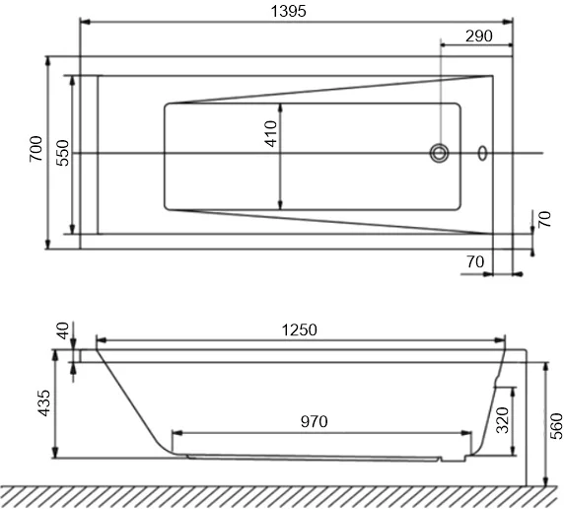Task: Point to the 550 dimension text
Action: click(x=61, y=153)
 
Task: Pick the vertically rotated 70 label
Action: click(x=545, y=219)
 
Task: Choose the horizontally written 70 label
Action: click(x=473, y=261)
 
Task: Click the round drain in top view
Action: click(x=439, y=153)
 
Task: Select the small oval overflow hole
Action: click(x=482, y=153)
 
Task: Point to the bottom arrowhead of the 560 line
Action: click(x=544, y=480)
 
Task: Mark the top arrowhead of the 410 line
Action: click(x=283, y=106)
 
